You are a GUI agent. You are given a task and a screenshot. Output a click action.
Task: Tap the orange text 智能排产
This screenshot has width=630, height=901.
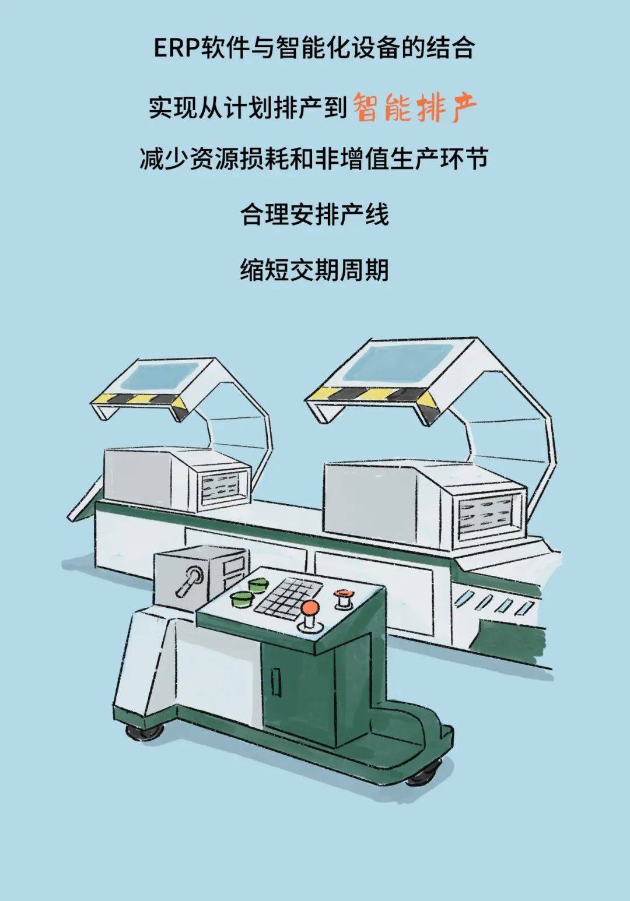(415, 107)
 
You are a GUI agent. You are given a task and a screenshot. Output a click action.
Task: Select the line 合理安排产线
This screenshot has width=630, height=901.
(314, 215)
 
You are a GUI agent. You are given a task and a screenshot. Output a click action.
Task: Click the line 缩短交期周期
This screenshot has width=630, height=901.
(314, 270)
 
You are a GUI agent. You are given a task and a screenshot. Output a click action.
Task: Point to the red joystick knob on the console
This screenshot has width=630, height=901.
(310, 608)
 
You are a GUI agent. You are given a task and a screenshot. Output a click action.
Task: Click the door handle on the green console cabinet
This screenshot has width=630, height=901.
(276, 681)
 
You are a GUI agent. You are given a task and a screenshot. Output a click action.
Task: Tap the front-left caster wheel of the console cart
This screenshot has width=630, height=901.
(141, 733)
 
